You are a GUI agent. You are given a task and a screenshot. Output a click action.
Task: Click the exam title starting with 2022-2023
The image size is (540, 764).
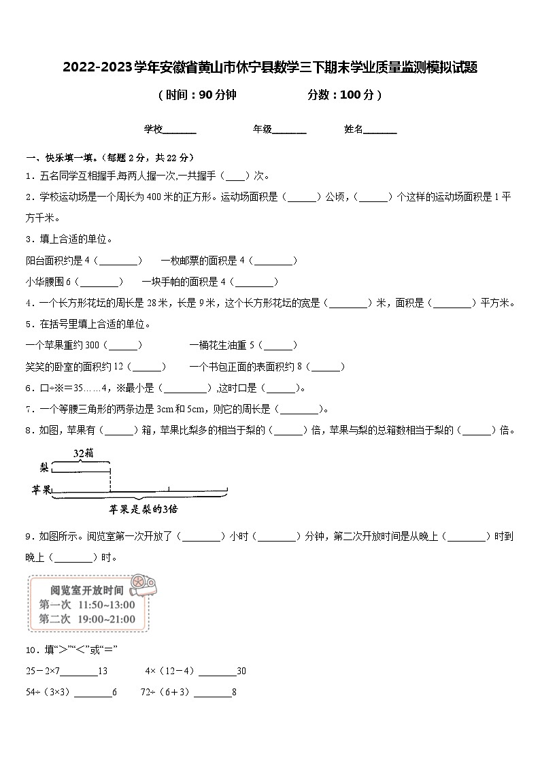(270, 67)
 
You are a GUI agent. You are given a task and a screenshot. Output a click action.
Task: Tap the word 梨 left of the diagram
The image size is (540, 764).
(44, 467)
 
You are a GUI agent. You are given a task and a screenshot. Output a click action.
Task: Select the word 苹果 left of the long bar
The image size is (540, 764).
(41, 490)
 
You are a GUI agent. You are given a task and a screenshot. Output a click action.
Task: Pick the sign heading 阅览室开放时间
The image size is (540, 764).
(87, 590)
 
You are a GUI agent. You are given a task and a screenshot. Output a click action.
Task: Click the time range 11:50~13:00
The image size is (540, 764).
(107, 604)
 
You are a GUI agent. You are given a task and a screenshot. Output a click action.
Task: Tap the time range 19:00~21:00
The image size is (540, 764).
(107, 618)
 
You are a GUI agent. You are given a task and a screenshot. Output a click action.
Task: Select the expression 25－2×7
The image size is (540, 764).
(43, 671)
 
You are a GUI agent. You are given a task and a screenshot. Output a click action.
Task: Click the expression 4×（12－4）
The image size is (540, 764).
(170, 671)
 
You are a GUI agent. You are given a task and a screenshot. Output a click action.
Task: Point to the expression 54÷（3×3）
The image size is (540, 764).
(48, 693)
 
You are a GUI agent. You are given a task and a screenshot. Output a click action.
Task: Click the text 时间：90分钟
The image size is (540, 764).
(197, 95)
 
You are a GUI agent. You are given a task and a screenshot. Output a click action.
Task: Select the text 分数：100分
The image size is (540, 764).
(344, 95)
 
